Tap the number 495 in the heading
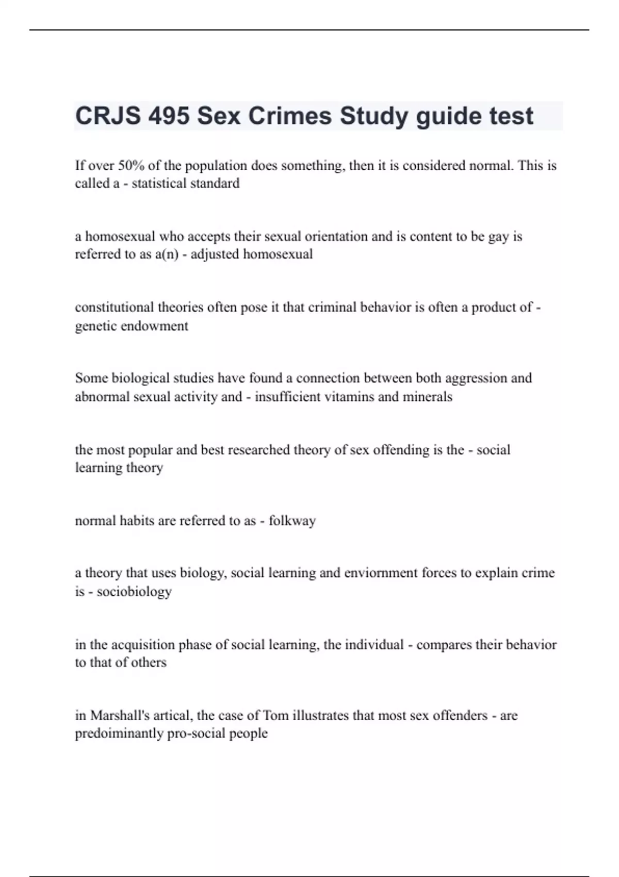(x=169, y=116)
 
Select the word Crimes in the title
(x=290, y=116)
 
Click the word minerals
(x=427, y=397)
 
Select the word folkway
(x=292, y=521)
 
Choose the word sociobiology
(x=134, y=591)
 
